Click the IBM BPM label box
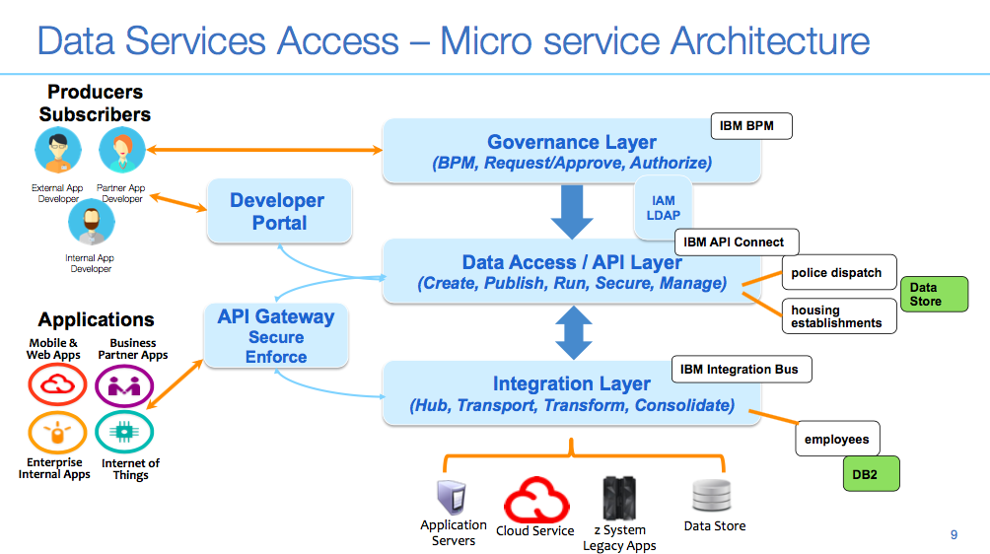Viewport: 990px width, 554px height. point(750,126)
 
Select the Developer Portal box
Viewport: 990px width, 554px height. point(279,211)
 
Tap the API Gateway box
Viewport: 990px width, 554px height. point(276,336)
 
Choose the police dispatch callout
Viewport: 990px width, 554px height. point(836,273)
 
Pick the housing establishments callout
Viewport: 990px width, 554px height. point(836,316)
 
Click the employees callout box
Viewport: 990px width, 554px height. point(836,440)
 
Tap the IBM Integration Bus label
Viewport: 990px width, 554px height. point(740,370)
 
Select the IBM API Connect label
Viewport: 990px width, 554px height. point(735,242)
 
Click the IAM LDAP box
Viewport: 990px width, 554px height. point(664,208)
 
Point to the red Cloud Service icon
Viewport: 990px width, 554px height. point(535,500)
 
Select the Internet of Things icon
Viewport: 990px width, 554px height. point(124,433)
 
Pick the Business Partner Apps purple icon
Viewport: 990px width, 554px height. point(124,384)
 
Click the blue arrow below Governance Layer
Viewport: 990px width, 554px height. point(572,211)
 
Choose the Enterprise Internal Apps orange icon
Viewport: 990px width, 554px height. point(57,433)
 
